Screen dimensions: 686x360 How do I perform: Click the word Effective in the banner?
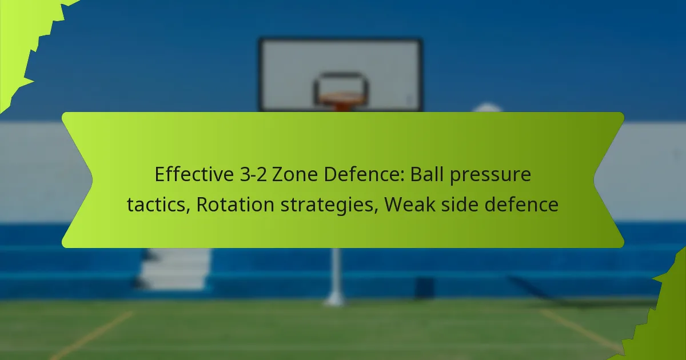click(194, 174)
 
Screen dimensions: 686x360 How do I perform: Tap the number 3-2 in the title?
click(253, 174)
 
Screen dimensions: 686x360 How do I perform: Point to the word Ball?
click(426, 174)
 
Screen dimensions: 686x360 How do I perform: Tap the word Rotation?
click(235, 204)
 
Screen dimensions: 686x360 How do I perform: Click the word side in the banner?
click(460, 204)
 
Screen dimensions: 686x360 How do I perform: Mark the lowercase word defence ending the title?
click(521, 204)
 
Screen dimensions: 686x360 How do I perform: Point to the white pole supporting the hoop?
click(336, 275)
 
